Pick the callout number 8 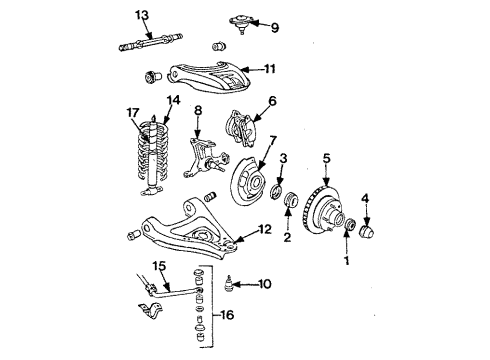pos(199,110)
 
